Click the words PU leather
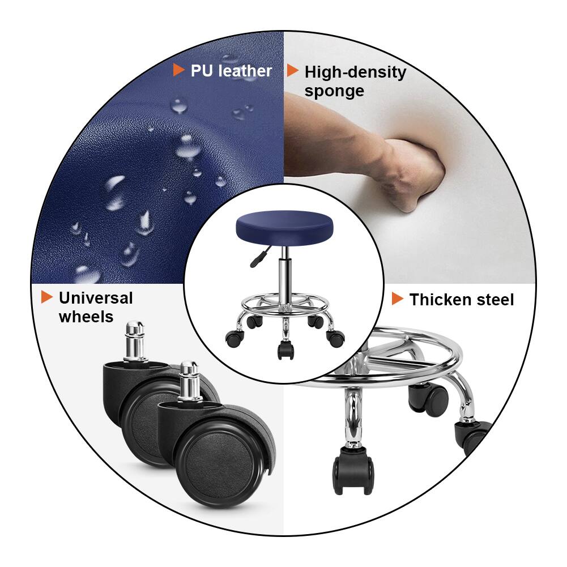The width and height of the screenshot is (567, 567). [x=231, y=71]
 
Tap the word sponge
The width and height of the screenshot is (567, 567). [x=334, y=91]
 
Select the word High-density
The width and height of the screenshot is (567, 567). [x=355, y=73]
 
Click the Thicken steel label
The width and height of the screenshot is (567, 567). [x=462, y=300]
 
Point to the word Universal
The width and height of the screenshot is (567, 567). [x=96, y=298]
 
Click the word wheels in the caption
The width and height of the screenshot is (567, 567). [x=86, y=317]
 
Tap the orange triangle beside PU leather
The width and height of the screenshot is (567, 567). [x=178, y=70]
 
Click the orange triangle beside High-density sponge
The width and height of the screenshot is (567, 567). [x=292, y=71]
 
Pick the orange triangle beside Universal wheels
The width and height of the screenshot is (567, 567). [x=46, y=297]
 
